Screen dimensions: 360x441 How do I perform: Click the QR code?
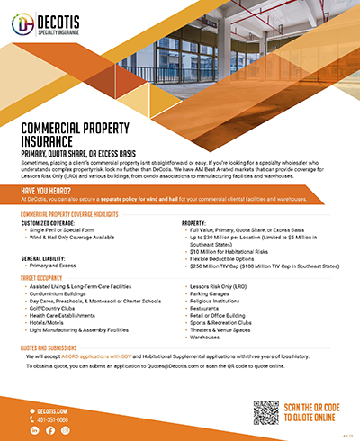tap(267, 412)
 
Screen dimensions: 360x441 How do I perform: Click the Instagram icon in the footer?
tap(64, 430)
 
